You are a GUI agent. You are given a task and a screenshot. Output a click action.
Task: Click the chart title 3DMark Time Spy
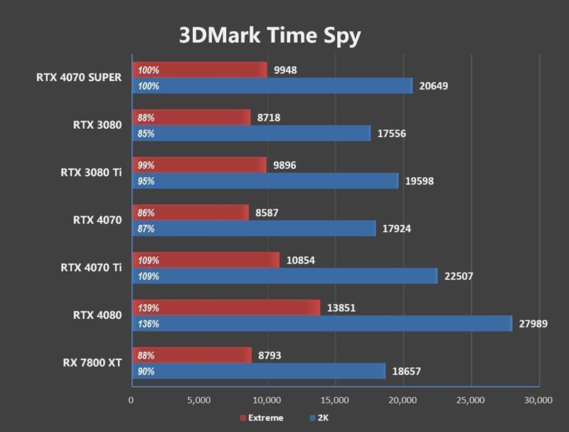tap(270, 35)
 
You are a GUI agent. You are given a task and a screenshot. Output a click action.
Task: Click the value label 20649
tap(434, 86)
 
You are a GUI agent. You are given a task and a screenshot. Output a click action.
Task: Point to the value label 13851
tap(341, 308)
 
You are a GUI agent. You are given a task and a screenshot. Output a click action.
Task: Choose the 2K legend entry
tap(321, 418)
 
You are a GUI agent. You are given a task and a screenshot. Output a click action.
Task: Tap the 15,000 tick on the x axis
tap(335, 400)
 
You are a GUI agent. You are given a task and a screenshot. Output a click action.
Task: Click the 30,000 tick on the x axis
tap(537, 400)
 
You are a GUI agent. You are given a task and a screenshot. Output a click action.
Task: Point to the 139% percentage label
tap(149, 308)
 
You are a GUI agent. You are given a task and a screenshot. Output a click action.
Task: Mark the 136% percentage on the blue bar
tap(149, 324)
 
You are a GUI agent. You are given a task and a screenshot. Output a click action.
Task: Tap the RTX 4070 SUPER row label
tap(79, 78)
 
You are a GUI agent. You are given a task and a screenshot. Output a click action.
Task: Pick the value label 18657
tap(406, 372)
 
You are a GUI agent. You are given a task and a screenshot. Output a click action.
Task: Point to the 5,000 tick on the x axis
tap(199, 400)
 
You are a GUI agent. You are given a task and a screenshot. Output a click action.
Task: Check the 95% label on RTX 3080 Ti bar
tap(147, 181)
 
